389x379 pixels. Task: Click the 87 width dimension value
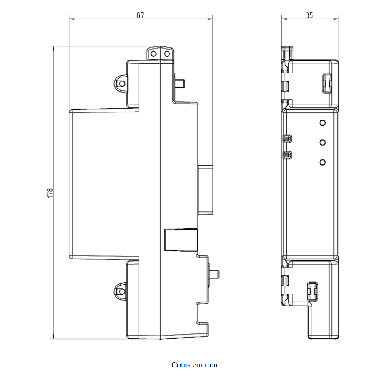[x=140, y=15]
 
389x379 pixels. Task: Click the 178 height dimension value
[x=50, y=193]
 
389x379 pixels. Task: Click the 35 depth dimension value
[x=310, y=15]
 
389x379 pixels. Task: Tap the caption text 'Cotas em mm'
[x=194, y=365]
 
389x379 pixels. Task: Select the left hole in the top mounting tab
[x=154, y=54]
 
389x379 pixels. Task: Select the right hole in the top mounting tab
[x=167, y=54]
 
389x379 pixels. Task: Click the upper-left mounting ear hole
[x=122, y=83]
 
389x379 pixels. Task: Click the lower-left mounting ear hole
[x=122, y=291]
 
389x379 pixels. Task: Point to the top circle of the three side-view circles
[x=323, y=123]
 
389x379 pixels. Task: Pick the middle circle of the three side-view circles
[x=323, y=143]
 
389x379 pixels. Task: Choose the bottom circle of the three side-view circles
[x=323, y=162]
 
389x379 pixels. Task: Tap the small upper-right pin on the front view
[x=180, y=83]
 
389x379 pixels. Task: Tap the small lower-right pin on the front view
[x=215, y=274]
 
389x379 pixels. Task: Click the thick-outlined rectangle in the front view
[x=181, y=240]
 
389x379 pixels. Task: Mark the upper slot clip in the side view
[x=327, y=84]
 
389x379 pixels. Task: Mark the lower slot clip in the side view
[x=312, y=292]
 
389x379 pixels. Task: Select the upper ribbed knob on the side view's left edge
[x=288, y=139]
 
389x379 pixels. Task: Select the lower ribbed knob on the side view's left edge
[x=288, y=155]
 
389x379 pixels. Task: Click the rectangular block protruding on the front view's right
[x=206, y=190]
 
